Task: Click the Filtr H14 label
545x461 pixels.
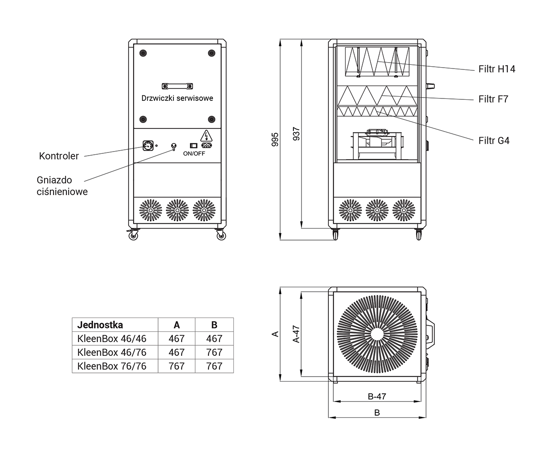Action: coord(497,69)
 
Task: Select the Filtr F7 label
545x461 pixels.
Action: coord(493,99)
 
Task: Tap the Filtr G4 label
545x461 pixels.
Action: coord(494,141)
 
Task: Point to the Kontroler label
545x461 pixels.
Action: coord(59,156)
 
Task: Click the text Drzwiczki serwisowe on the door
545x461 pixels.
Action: coord(177,98)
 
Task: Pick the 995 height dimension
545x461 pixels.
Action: coord(275,139)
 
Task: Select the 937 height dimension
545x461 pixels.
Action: coord(297,134)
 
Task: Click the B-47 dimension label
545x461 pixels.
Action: coord(377,397)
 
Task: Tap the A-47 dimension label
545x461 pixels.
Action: coord(297,334)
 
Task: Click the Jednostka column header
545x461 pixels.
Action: coord(100,325)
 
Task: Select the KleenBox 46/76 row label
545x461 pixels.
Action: coord(112,352)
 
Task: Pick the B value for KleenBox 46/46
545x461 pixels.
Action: coord(214,338)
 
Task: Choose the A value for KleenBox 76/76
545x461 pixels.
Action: coord(176,366)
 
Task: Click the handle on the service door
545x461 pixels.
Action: coord(177,86)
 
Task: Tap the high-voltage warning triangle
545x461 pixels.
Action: coord(206,136)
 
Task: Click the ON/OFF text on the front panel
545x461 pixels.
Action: coord(194,153)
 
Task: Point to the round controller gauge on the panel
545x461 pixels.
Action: coord(148,146)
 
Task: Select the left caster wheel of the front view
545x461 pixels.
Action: coord(133,235)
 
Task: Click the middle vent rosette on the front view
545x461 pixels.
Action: coord(177,211)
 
